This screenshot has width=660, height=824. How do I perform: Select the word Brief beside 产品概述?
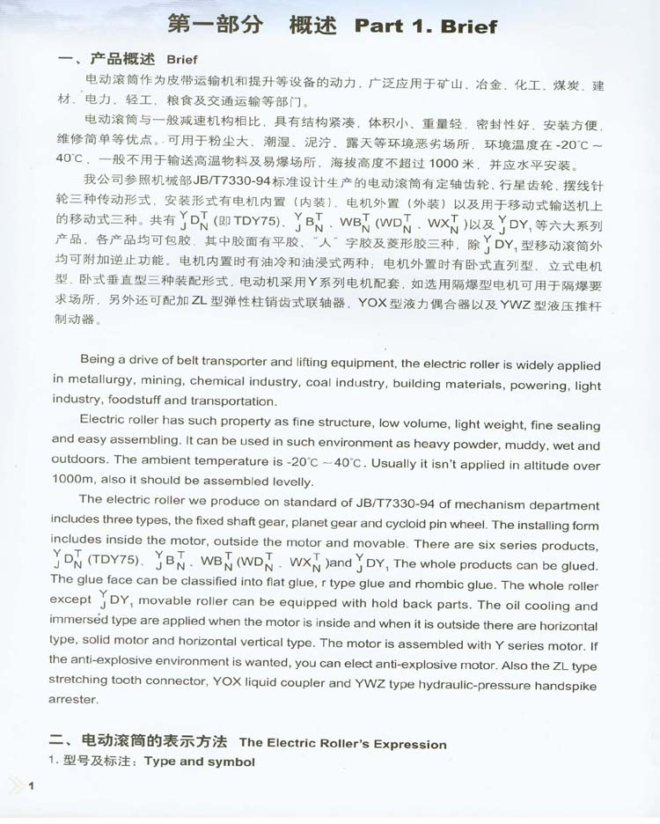click(181, 60)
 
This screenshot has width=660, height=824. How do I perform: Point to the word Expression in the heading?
click(408, 744)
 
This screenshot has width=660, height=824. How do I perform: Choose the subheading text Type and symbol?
click(200, 761)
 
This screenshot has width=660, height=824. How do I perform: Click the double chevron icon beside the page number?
click(15, 785)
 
